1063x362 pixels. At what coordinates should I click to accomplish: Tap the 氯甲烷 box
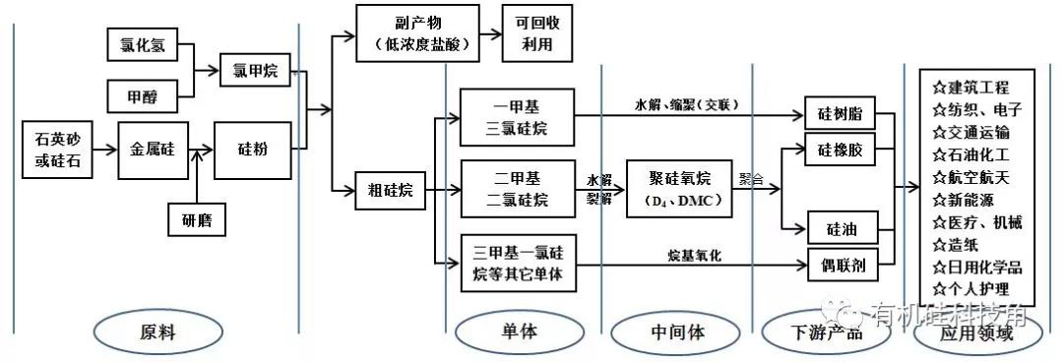(x=256, y=71)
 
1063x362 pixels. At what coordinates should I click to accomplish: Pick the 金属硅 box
(x=152, y=151)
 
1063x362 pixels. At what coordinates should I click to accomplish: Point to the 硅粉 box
(x=254, y=151)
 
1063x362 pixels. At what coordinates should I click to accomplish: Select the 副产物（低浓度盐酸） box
(x=418, y=33)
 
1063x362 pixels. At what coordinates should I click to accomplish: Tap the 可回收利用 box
(x=536, y=33)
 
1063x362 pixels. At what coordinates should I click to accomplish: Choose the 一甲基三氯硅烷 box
(x=518, y=117)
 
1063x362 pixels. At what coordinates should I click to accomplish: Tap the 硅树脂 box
(x=840, y=113)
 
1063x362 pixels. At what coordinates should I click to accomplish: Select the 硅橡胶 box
(x=840, y=153)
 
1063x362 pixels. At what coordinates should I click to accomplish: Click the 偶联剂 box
(x=840, y=265)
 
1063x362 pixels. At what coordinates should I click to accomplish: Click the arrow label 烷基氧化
(x=695, y=255)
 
